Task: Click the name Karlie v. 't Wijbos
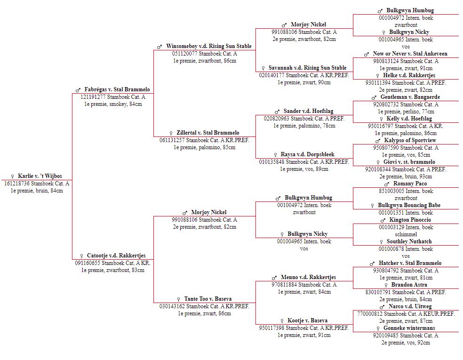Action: tap(40, 176)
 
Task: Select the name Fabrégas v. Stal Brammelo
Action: tap(117, 89)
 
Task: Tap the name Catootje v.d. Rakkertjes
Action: tap(116, 256)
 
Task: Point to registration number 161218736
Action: tap(17, 184)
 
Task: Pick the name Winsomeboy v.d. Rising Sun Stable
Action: tap(209, 46)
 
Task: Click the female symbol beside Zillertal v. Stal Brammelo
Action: tap(171, 133)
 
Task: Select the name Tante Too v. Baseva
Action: tap(208, 299)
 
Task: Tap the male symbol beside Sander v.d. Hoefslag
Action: tap(277, 112)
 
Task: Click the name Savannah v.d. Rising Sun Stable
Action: tap(307, 68)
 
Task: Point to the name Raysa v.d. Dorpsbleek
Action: tap(307, 154)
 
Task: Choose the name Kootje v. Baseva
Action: tap(307, 320)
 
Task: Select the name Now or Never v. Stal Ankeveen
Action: tap(410, 54)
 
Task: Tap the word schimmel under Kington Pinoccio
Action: tap(406, 234)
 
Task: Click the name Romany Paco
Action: tap(410, 184)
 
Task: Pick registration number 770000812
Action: tap(370, 313)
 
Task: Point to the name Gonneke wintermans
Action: tap(409, 328)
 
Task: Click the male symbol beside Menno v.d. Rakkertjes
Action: tap(274, 278)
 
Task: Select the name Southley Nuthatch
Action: tap(409, 241)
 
